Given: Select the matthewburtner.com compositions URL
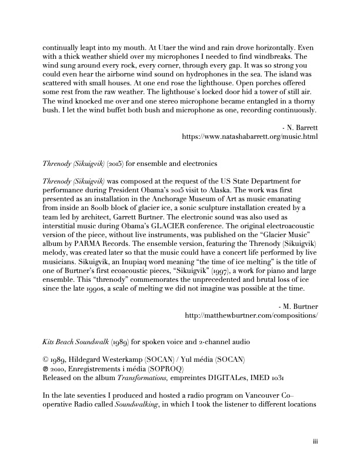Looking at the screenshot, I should tap(251, 315).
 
